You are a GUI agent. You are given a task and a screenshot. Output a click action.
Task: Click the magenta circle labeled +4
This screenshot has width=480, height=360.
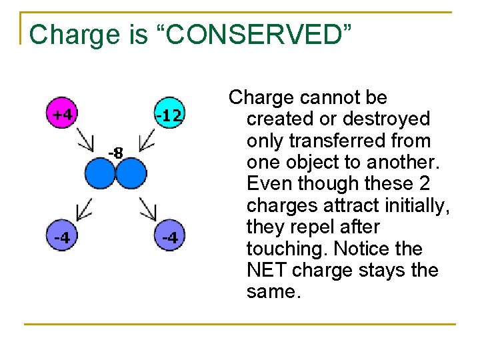click(x=62, y=114)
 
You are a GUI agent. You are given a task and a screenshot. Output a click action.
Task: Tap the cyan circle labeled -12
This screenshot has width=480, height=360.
click(x=168, y=115)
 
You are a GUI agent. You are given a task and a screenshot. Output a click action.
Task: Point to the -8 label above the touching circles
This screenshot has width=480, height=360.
click(x=115, y=153)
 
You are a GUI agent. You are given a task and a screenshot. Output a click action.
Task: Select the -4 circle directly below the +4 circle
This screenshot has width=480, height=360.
click(x=62, y=237)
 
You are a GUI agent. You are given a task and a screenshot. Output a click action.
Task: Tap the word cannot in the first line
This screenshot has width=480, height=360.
click(x=327, y=98)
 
